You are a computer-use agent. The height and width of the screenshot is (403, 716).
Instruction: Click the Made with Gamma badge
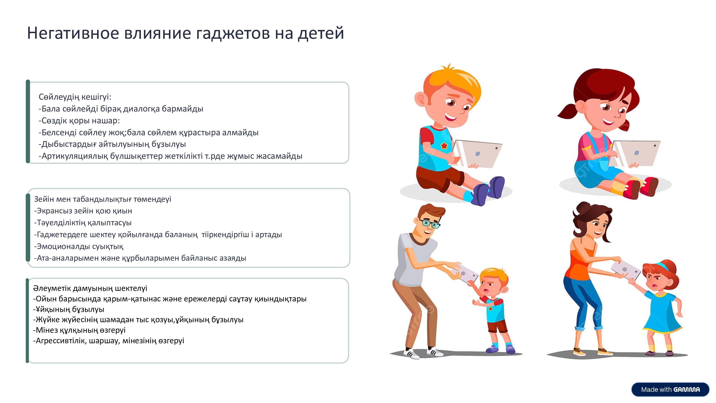(x=670, y=389)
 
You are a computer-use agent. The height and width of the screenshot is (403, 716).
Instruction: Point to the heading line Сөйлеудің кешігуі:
(x=75, y=97)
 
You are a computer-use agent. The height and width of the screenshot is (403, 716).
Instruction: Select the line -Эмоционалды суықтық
(x=79, y=247)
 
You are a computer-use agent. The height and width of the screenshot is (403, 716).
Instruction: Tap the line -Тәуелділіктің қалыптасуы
(x=83, y=223)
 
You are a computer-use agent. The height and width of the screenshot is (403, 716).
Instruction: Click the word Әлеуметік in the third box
(x=52, y=288)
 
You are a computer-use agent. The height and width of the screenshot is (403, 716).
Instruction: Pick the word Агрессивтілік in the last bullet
(x=61, y=341)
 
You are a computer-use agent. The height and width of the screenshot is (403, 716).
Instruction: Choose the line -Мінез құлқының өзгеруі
(x=79, y=330)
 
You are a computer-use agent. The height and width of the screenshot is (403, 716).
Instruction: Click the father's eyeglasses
(x=430, y=223)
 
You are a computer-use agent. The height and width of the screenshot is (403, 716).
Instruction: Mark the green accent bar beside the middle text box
(x=28, y=228)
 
